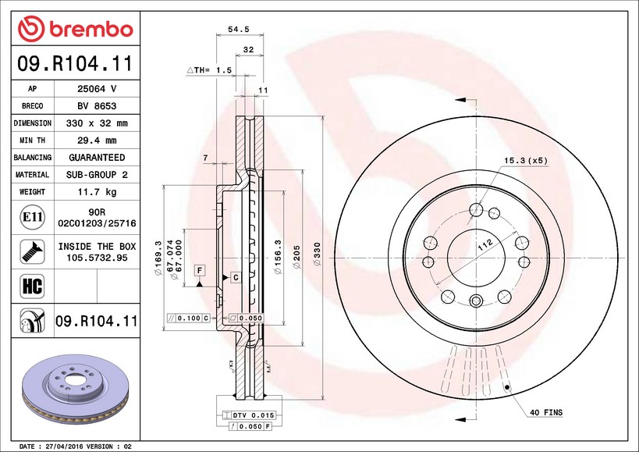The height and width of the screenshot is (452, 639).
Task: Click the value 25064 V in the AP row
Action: [98, 89]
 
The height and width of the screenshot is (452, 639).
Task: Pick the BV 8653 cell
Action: [98, 106]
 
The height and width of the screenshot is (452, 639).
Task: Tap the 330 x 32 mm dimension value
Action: [98, 123]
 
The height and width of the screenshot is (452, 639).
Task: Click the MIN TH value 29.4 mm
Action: [98, 141]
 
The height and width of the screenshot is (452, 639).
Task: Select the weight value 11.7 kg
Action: [98, 192]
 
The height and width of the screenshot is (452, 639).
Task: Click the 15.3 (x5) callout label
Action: [526, 160]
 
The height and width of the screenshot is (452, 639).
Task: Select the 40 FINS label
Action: [546, 411]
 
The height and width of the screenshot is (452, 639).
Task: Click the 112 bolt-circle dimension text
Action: [485, 245]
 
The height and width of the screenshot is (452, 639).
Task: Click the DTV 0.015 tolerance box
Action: [250, 415]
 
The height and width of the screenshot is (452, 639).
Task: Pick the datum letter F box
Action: [200, 270]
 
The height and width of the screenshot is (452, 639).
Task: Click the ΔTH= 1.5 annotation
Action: [209, 70]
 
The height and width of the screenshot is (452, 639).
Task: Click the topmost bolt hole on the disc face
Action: [476, 208]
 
